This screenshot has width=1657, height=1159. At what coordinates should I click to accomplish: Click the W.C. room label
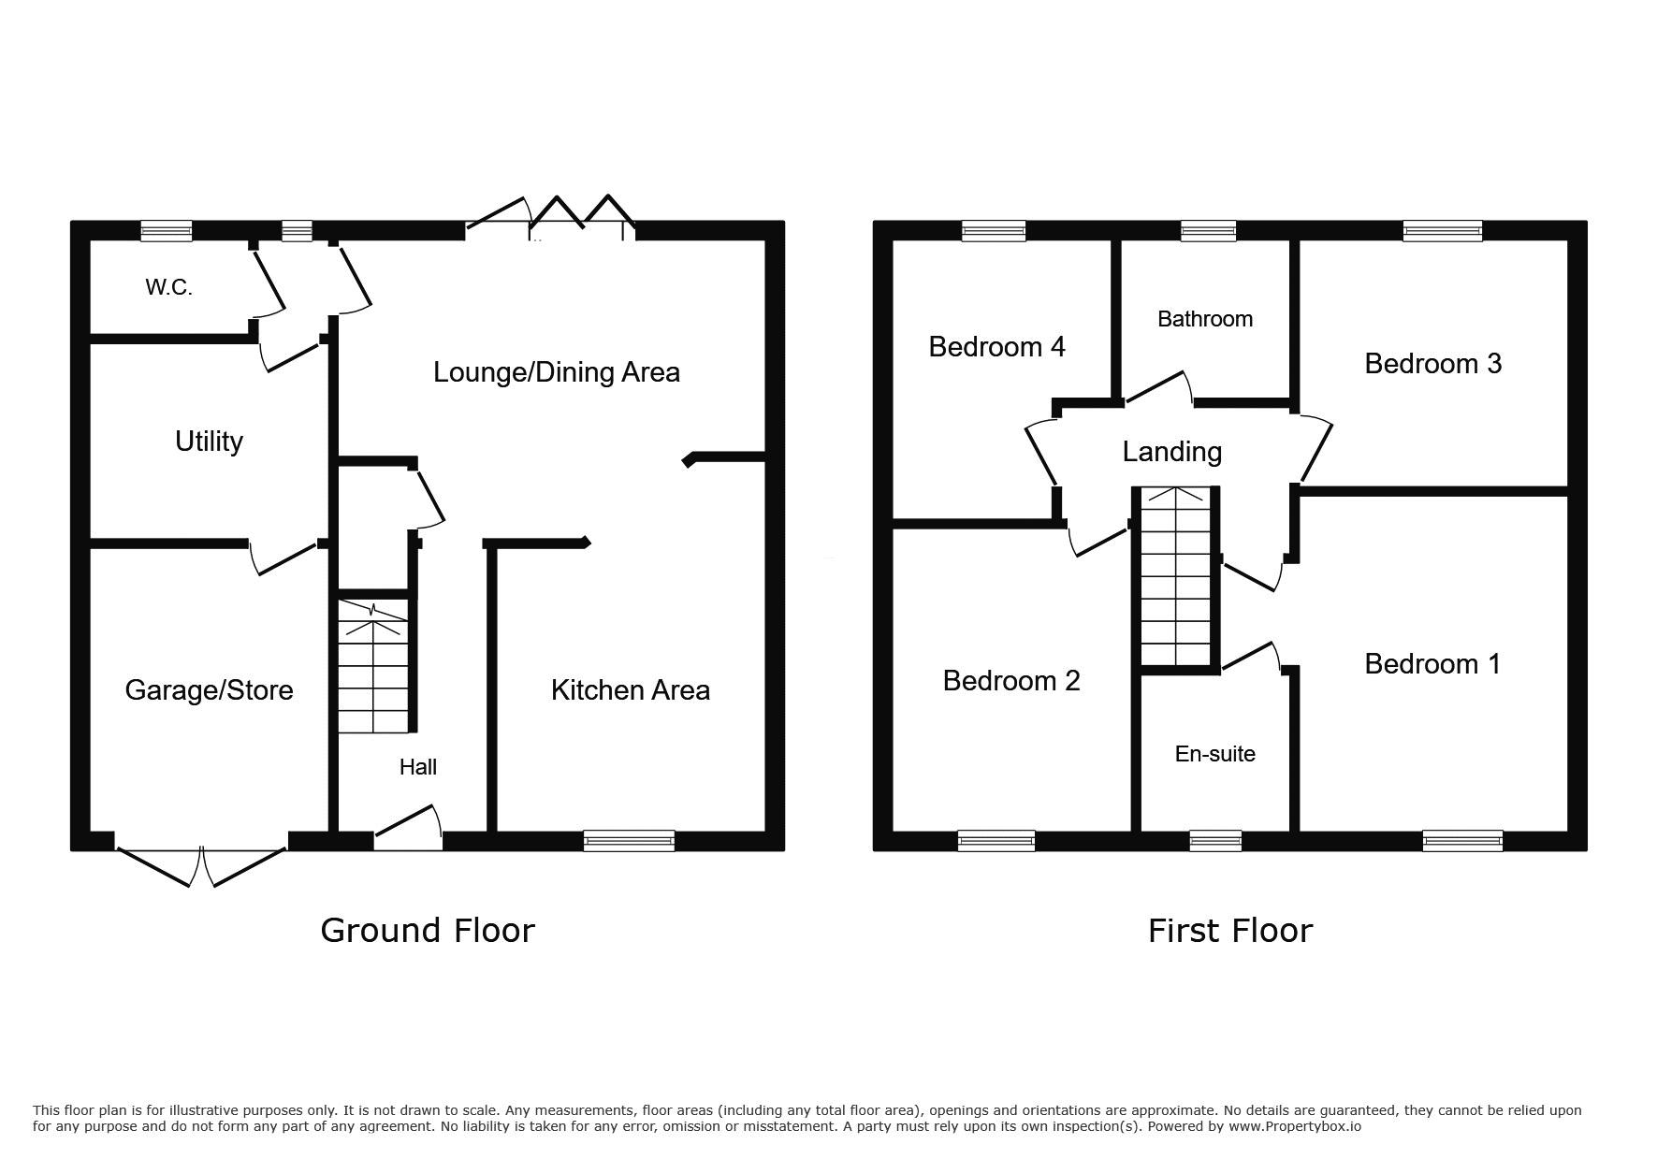pyautogui.click(x=168, y=288)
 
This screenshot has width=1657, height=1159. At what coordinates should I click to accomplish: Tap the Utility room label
pyautogui.click(x=209, y=442)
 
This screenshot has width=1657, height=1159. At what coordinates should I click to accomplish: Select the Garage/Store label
pyautogui.click(x=209, y=690)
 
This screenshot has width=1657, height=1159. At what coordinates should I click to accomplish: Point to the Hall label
pyautogui.click(x=417, y=767)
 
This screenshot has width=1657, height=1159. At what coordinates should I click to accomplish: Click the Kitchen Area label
pyautogui.click(x=631, y=690)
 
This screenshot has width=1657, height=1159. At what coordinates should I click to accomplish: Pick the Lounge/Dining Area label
pyautogui.click(x=557, y=372)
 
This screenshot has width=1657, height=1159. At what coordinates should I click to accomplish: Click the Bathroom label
pyautogui.click(x=1205, y=319)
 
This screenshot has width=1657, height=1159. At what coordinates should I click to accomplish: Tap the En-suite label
pyautogui.click(x=1214, y=754)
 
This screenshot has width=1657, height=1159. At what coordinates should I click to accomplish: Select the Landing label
pyautogui.click(x=1172, y=453)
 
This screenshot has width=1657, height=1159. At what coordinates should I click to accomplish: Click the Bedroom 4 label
pyautogui.click(x=996, y=347)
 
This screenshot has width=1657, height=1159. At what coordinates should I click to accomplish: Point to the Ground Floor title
pyautogui.click(x=428, y=931)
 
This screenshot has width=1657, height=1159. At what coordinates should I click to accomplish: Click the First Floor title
pyautogui.click(x=1230, y=931)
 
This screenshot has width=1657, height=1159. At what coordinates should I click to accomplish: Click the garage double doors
pyautogui.click(x=201, y=865)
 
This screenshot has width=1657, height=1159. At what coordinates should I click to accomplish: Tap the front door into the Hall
pyautogui.click(x=408, y=829)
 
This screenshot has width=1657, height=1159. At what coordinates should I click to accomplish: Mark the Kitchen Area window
pyautogui.click(x=629, y=840)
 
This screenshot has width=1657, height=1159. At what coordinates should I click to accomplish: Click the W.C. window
pyautogui.click(x=167, y=231)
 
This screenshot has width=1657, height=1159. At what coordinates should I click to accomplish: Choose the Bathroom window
pyautogui.click(x=1208, y=231)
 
